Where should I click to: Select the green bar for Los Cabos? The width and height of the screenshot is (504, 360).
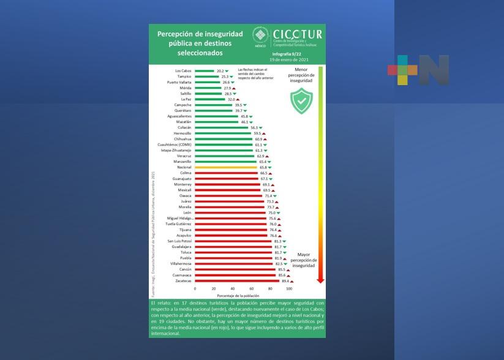pyautogui.click(x=205, y=71)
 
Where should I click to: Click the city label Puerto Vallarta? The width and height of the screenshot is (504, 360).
pyautogui.click(x=179, y=82)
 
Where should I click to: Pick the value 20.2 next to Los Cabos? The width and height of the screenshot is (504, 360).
pyautogui.click(x=220, y=71)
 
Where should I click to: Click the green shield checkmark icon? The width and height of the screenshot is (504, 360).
pyautogui.click(x=301, y=100)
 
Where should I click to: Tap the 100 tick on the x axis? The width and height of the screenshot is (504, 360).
pyautogui.click(x=289, y=288)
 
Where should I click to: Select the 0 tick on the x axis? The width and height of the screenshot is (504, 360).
pyautogui.click(x=195, y=288)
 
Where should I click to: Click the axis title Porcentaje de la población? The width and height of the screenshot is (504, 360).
pyautogui.click(x=242, y=296)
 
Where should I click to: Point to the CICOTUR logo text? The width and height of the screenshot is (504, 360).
pyautogui.click(x=297, y=34)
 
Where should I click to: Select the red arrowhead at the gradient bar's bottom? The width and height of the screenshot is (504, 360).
pyautogui.click(x=320, y=279)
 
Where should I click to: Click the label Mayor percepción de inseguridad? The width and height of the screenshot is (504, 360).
pyautogui.click(x=303, y=260)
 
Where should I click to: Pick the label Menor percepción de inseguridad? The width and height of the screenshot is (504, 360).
pyautogui.click(x=301, y=76)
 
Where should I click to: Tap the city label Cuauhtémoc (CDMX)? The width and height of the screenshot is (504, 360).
pyautogui.click(x=175, y=144)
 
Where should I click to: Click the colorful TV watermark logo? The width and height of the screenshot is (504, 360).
pyautogui.click(x=418, y=70)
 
